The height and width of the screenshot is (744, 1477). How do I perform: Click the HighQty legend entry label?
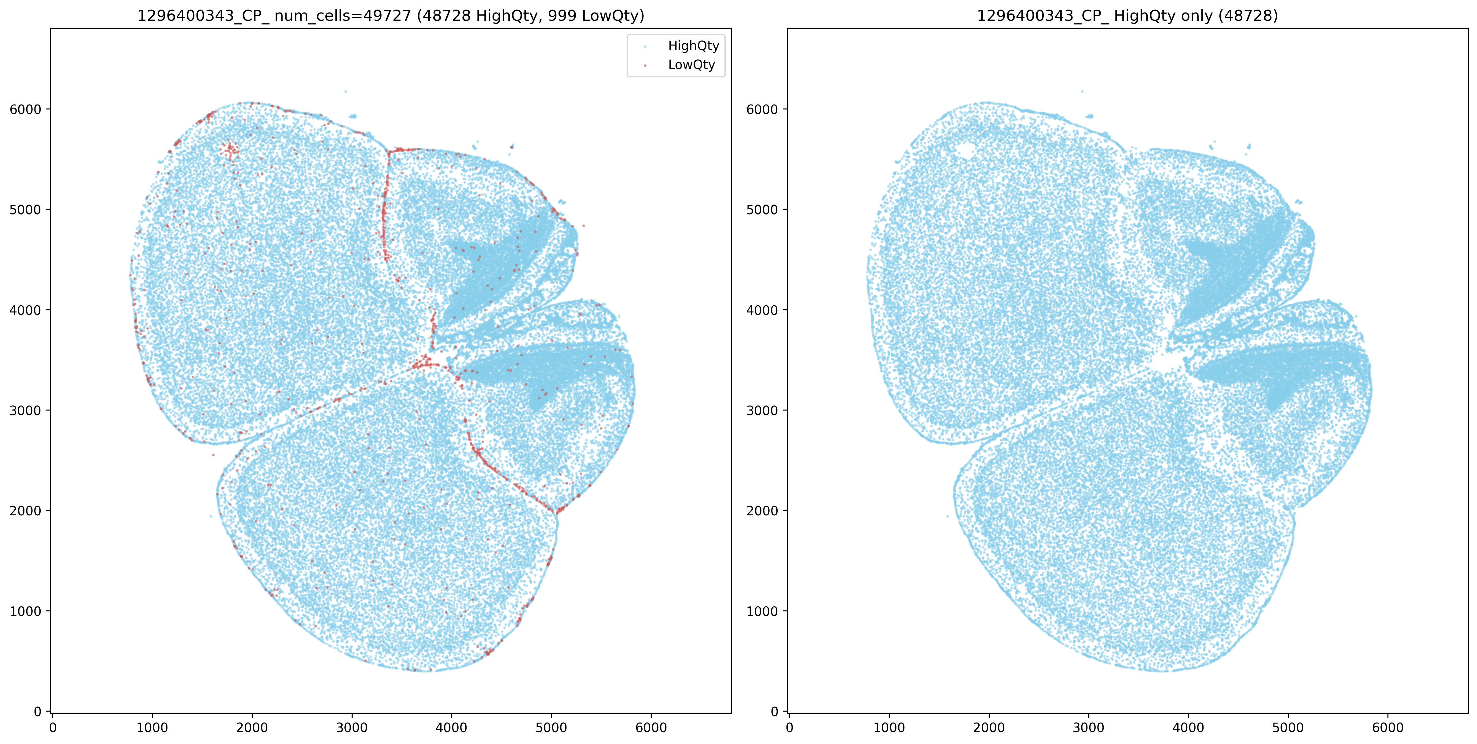693,46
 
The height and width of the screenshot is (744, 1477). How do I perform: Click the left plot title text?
390,16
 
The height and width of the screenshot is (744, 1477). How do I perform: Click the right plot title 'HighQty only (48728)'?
1127,16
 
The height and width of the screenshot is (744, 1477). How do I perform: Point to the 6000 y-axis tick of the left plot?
26,109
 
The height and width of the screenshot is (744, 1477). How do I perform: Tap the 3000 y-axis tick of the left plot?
26,411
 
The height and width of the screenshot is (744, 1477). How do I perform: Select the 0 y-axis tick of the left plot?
38,712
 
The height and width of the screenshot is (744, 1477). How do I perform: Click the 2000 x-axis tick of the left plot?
252,728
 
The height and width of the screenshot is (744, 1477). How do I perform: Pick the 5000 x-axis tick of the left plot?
551,728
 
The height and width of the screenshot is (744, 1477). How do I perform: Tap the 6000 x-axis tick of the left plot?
651,728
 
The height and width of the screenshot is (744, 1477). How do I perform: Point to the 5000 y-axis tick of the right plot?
763,210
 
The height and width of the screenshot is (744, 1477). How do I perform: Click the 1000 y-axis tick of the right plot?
763,611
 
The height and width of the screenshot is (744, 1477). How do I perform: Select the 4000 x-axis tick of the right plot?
1188,728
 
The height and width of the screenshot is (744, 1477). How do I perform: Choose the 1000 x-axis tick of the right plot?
889,728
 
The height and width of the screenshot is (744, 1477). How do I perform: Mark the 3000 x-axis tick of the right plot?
1088,728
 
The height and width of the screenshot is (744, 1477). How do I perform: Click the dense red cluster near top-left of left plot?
229,150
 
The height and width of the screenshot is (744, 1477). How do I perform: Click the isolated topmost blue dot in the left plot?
345,91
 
